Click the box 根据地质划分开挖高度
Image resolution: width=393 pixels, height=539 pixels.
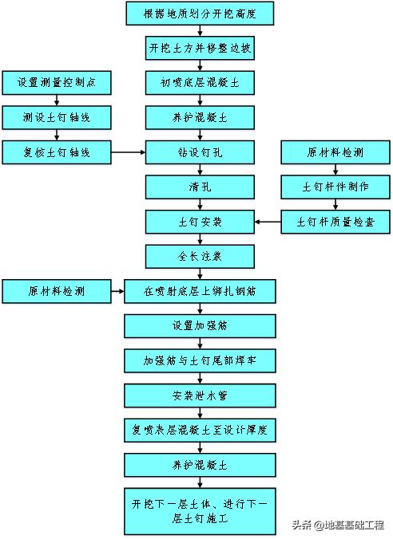pyautogui.click(x=200, y=14)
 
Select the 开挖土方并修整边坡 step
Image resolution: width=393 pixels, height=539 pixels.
pyautogui.click(x=200, y=48)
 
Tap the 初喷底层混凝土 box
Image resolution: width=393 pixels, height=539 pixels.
pyautogui.click(x=200, y=82)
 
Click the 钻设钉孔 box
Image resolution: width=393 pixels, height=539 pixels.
pyautogui.click(x=200, y=151)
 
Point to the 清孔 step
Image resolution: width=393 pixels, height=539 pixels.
pyautogui.click(x=200, y=186)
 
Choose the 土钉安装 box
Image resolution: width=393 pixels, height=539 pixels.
pyautogui.click(x=200, y=221)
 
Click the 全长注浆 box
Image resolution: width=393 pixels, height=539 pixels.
pyautogui.click(x=200, y=256)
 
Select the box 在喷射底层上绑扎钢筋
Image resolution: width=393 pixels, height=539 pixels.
pyautogui.click(x=200, y=291)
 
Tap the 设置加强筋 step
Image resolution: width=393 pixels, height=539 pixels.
pyautogui.click(x=200, y=325)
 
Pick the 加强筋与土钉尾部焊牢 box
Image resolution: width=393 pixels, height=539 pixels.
pyautogui.click(x=200, y=360)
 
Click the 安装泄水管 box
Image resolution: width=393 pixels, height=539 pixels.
pyautogui.click(x=200, y=395)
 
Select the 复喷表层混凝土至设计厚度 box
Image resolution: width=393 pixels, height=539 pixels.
pyautogui.click(x=200, y=430)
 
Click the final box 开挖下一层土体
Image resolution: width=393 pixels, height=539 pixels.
pyautogui.click(x=200, y=509)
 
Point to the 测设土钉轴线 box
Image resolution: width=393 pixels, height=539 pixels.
pyautogui.click(x=57, y=116)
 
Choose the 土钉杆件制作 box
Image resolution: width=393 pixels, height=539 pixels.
pyautogui.click(x=335, y=186)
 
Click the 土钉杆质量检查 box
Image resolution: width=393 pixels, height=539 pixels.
pyautogui.click(x=335, y=221)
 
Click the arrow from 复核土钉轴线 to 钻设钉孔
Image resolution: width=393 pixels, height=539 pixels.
pyautogui.click(x=128, y=151)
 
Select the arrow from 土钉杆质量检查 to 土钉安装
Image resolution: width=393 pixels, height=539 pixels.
pyautogui.click(x=268, y=221)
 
